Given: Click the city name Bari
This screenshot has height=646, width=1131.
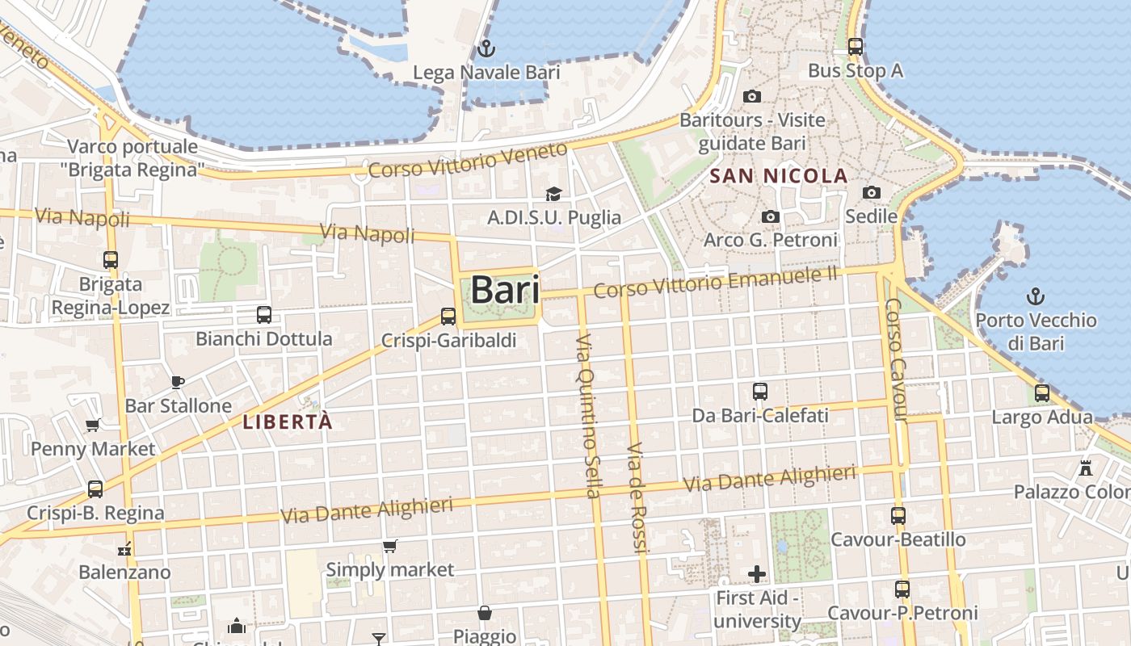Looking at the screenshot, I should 505,290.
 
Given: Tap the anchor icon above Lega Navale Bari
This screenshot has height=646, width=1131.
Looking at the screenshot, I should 486,48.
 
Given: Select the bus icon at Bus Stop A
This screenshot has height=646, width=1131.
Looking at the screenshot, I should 856,47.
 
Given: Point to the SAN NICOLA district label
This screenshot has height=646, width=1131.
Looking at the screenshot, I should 779,176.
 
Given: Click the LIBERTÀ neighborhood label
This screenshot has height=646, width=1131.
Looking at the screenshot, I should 288,422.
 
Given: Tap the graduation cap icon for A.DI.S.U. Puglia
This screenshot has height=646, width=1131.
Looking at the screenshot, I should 553,194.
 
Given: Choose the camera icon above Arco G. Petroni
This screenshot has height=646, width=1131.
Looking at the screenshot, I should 771,217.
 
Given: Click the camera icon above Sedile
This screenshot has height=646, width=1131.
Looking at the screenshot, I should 871,192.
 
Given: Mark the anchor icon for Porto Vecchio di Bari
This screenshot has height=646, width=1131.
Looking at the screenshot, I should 1035,296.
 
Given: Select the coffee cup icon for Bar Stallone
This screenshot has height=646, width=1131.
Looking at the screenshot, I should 178,382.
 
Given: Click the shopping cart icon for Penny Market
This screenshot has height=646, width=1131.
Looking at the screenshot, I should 93,425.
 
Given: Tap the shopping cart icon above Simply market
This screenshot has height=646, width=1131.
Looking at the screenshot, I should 389,547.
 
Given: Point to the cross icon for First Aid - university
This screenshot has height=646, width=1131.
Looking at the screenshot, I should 757,574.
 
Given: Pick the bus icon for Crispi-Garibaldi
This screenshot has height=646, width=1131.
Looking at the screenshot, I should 448,317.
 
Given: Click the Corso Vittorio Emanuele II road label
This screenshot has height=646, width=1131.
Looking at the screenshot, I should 716,282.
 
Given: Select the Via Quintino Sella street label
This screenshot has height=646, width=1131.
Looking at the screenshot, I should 587,415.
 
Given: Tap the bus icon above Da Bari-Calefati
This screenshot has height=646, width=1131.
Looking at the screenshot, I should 760,392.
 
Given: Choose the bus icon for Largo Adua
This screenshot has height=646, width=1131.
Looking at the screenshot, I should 1042,393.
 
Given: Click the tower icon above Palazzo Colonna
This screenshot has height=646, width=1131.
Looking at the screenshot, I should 1085,468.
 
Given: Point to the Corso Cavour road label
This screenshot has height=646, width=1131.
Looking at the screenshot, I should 896,359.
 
